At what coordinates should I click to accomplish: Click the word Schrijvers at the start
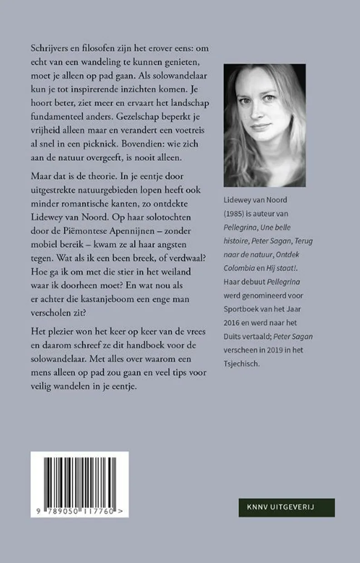(48, 48)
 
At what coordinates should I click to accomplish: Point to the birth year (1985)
(236, 234)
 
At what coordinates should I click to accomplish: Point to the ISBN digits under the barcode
(79, 510)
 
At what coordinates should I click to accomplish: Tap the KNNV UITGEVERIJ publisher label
(287, 507)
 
